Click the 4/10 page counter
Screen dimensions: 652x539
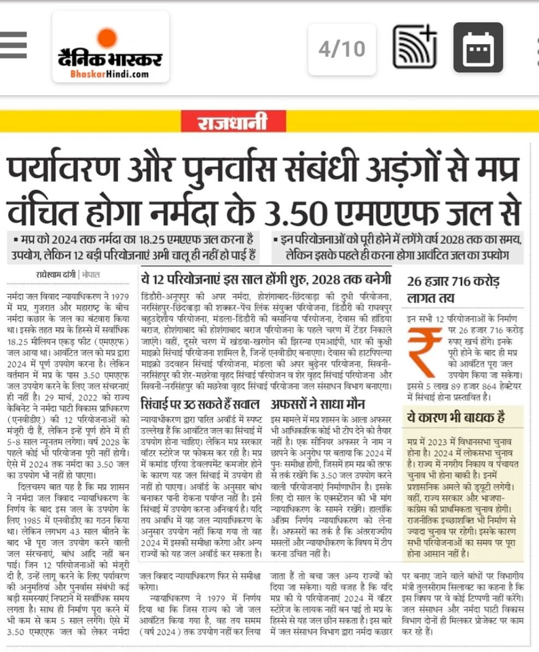[x=341, y=48]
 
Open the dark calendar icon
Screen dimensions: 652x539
[x=478, y=48]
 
